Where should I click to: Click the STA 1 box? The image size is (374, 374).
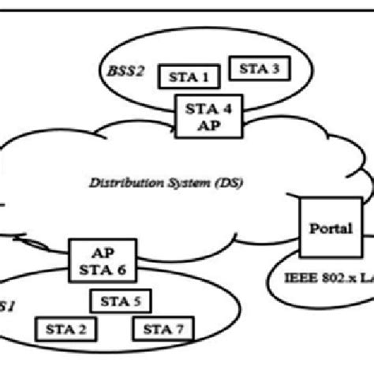[189, 76]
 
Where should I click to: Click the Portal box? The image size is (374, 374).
[330, 230]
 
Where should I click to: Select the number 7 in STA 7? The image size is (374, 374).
[180, 328]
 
